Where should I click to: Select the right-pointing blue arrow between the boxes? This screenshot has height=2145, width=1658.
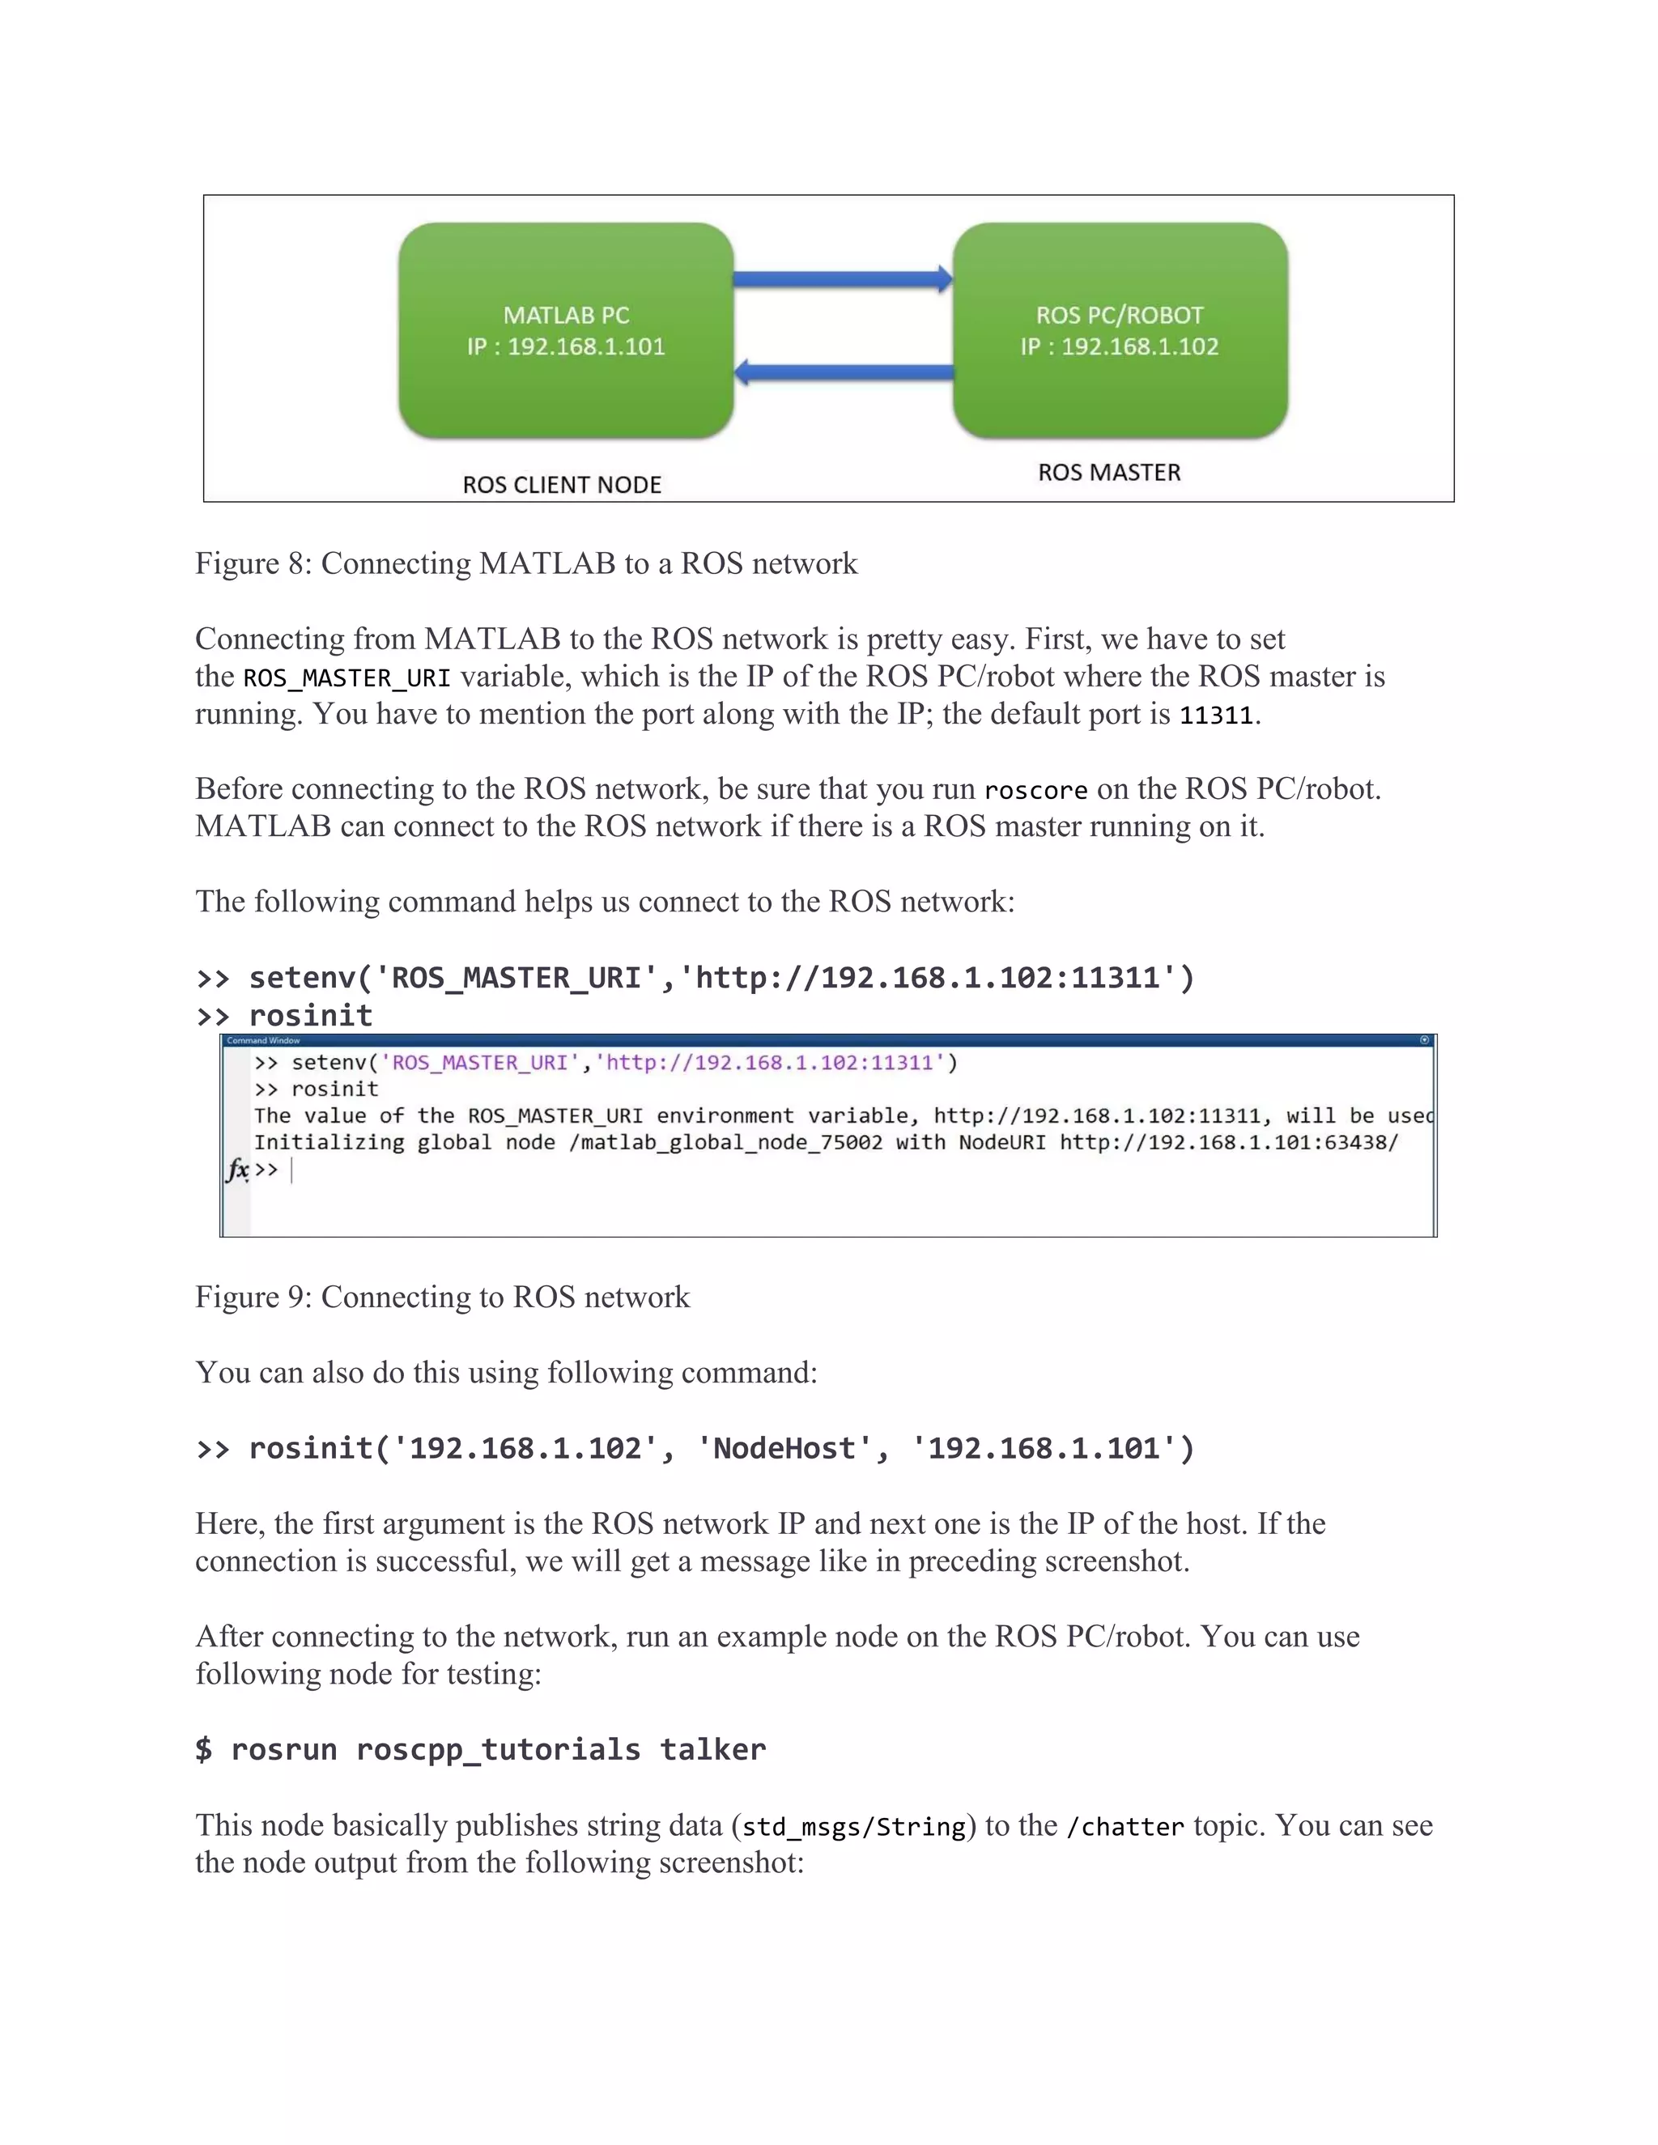pyautogui.click(x=843, y=279)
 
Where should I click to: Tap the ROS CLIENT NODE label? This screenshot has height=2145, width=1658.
pyautogui.click(x=562, y=485)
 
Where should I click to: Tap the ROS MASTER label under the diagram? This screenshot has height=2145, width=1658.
pyautogui.click(x=1109, y=473)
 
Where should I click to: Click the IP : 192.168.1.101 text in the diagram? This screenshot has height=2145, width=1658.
pyautogui.click(x=566, y=346)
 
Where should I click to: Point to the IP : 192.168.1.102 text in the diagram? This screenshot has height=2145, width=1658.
pyautogui.click(x=1119, y=346)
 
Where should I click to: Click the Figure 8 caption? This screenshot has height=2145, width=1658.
pyautogui.click(x=525, y=563)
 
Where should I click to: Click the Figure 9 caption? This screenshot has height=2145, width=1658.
pyautogui.click(x=442, y=1298)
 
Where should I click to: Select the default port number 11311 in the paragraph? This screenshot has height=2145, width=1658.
pyautogui.click(x=1216, y=715)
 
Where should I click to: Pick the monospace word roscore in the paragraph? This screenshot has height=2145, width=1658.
pyautogui.click(x=1035, y=791)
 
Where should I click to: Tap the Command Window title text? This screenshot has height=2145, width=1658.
pyautogui.click(x=263, y=1040)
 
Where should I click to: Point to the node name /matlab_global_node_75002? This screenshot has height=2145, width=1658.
pyautogui.click(x=725, y=1143)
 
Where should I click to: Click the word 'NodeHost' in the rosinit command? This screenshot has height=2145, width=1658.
pyautogui.click(x=784, y=1449)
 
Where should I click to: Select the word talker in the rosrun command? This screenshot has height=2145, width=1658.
pyautogui.click(x=712, y=1750)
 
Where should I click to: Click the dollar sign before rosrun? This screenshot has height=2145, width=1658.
pyautogui.click(x=203, y=1750)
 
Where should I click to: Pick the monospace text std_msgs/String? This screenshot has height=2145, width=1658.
pyautogui.click(x=853, y=1827)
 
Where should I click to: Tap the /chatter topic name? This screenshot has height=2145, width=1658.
pyautogui.click(x=1124, y=1827)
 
